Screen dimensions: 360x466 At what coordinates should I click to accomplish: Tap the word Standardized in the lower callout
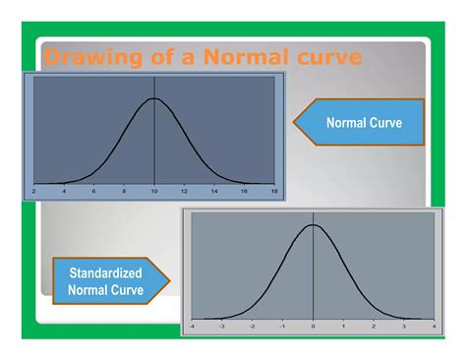(x=105, y=272)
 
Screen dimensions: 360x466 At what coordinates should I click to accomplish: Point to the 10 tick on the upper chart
(x=154, y=192)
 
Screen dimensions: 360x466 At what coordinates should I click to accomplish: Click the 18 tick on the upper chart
(x=273, y=192)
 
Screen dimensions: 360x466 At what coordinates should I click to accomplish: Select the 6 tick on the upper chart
(x=94, y=192)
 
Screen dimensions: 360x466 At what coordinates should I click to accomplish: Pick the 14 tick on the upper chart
(x=214, y=192)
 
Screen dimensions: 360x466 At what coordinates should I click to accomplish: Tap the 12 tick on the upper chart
(x=184, y=192)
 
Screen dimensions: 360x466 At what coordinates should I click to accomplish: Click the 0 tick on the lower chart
(x=313, y=324)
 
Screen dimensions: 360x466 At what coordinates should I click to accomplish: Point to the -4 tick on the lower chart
(x=192, y=324)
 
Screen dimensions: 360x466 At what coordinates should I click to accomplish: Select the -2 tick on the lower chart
(x=253, y=324)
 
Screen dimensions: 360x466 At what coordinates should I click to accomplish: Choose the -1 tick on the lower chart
(x=283, y=324)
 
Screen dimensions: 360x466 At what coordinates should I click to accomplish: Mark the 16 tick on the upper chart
(x=244, y=192)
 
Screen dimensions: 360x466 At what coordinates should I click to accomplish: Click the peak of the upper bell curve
(x=154, y=98)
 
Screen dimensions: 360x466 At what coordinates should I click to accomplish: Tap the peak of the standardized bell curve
(x=313, y=225)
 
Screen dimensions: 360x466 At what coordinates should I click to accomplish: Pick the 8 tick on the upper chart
(x=124, y=192)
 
